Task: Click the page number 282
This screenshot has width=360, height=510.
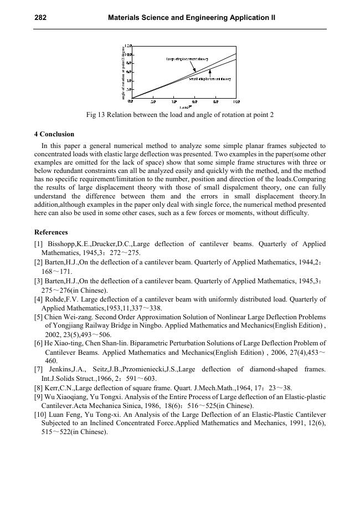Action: coord(40,18)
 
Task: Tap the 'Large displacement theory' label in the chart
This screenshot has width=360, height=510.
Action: coord(187,59)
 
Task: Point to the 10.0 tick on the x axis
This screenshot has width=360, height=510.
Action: coord(236,102)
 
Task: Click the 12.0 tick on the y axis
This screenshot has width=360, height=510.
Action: coord(128,46)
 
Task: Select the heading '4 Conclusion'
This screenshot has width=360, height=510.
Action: coord(54,134)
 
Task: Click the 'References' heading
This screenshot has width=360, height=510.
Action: coord(51,232)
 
